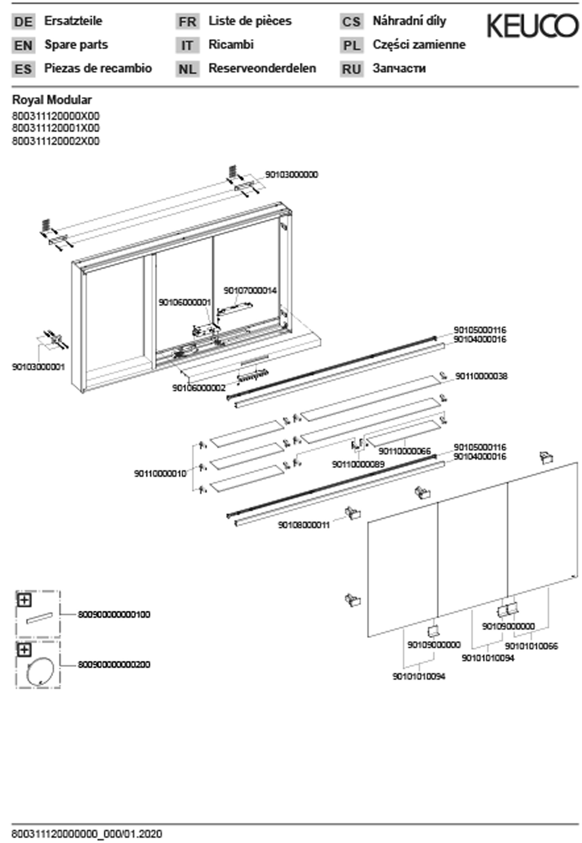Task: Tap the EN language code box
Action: pyautogui.click(x=23, y=46)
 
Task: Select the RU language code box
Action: pyautogui.click(x=351, y=69)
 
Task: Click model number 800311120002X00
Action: pyautogui.click(x=56, y=141)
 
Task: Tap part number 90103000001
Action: pyautogui.click(x=39, y=367)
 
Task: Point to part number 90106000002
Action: pyautogui.click(x=199, y=388)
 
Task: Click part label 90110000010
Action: pyautogui.click(x=160, y=473)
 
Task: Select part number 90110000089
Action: pyautogui.click(x=358, y=464)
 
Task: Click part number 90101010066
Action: pyautogui.click(x=531, y=646)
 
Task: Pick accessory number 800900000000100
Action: pyautogui.click(x=114, y=615)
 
